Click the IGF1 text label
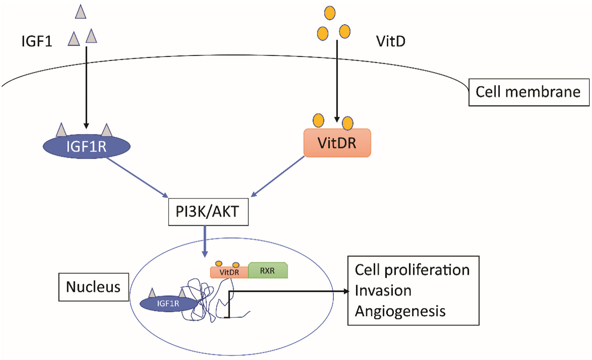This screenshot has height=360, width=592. coord(37,41)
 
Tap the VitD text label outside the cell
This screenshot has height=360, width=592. coord(391,41)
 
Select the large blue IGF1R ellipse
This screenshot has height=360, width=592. coord(87,146)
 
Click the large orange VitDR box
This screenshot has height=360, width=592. coord(337,143)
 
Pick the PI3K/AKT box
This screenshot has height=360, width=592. coord(208,212)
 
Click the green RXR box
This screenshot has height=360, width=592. coord(268,270)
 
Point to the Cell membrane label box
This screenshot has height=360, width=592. coord(529,92)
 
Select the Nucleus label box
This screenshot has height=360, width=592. coord(94,287)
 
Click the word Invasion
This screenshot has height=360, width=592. coord(383,290)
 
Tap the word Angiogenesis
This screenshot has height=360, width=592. coord(400,311)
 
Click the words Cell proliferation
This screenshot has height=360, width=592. coord(412,270)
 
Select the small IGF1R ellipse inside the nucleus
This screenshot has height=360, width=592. coord(168,304)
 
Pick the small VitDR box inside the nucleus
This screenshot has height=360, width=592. coord(229,272)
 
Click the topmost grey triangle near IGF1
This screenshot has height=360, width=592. coord(81,12)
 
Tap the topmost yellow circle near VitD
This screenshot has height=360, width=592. coord(330,13)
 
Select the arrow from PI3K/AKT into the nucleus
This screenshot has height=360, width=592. coord(205,241)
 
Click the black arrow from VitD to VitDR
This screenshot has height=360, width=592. coord(337,80)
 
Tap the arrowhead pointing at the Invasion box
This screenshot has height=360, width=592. coord(346,291)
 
